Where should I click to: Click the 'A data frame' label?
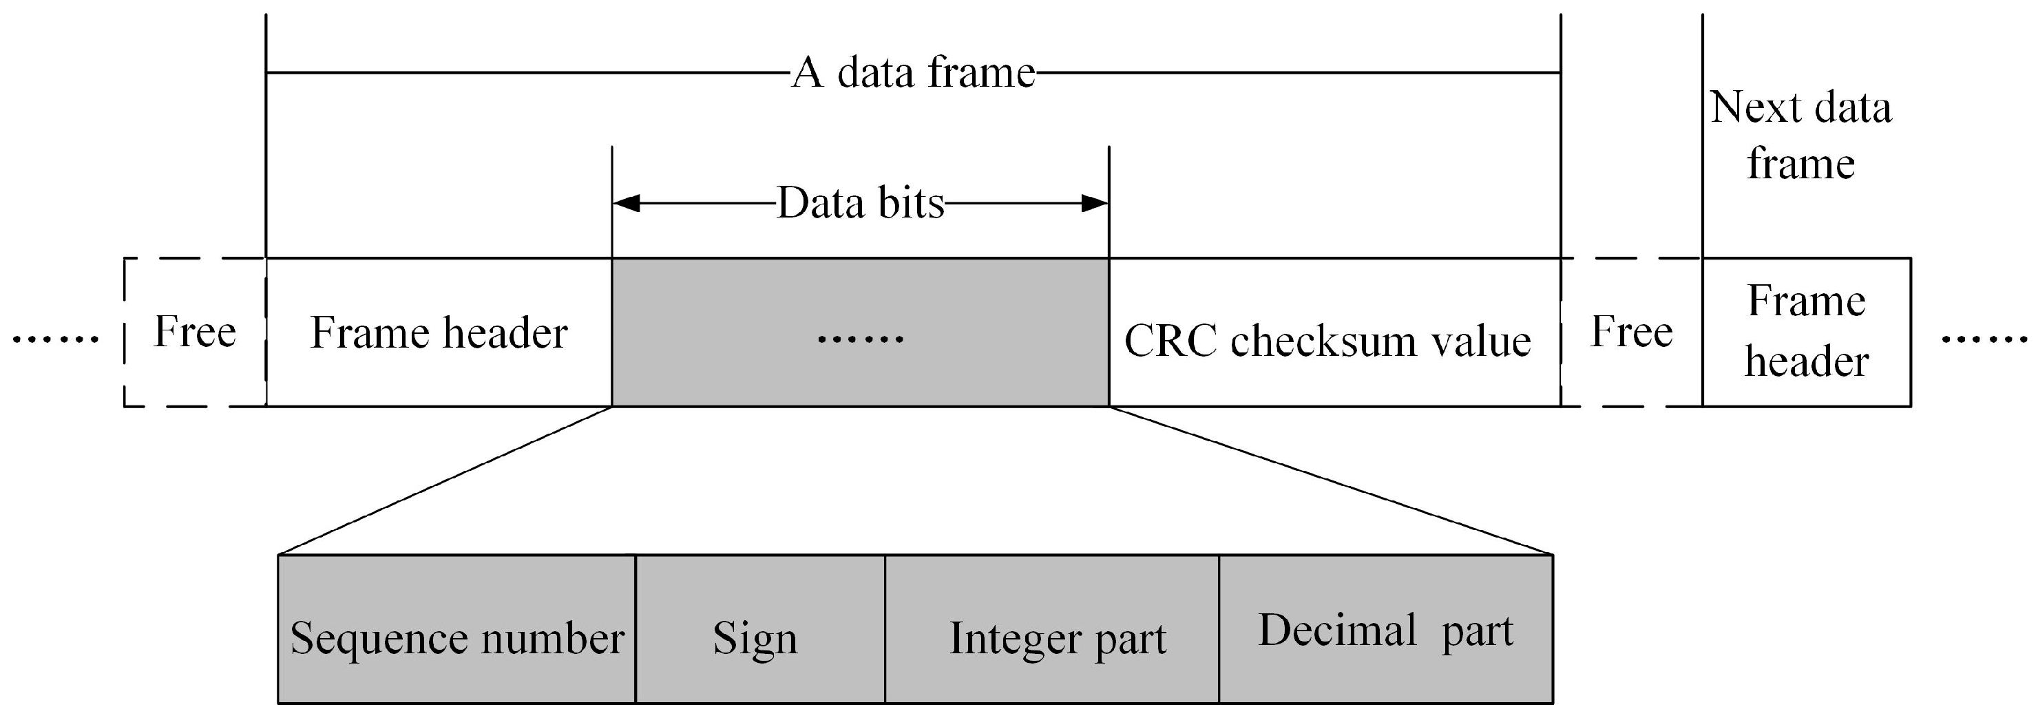[913, 72]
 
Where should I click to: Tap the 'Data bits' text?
[860, 202]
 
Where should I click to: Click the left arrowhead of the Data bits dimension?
[626, 203]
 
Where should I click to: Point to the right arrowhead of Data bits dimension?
[1095, 203]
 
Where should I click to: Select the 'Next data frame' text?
[1800, 134]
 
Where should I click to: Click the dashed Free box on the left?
[195, 332]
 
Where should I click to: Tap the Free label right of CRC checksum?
[1631, 332]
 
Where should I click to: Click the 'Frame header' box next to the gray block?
[439, 332]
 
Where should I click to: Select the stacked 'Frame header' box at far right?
[1806, 332]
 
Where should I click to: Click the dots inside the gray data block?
[860, 339]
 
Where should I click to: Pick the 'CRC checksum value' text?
[1327, 341]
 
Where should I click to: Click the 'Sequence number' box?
[456, 637]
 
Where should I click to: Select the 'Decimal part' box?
[1385, 631]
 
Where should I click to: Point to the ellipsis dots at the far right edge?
[1984, 339]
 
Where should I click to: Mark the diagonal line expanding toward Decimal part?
[1329, 480]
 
